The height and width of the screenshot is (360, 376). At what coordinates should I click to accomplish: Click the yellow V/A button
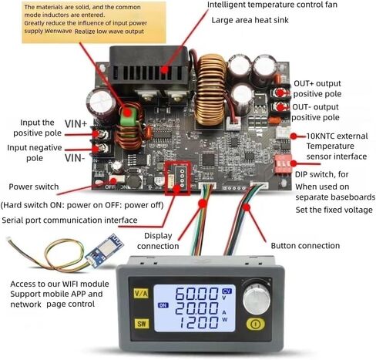pos(141,293)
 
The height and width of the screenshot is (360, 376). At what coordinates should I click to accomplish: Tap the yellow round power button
pos(255,324)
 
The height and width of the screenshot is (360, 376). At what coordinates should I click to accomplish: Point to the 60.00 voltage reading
pos(196,294)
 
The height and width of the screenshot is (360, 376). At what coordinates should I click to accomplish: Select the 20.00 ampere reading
pos(196,308)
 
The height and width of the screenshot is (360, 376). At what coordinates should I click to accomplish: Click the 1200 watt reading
pos(198,323)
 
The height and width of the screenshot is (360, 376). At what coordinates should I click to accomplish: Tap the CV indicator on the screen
pos(227,291)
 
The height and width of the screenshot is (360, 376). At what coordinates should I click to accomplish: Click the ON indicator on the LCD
pos(163,305)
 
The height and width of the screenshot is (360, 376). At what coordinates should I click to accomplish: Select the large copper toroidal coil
pos(210,90)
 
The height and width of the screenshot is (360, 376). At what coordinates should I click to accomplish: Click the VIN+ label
pos(76,124)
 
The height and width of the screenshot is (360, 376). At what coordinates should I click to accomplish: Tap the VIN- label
pos(75,158)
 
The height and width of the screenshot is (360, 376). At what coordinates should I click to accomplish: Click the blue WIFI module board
pos(104,248)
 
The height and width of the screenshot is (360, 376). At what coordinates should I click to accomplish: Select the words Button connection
pos(305,246)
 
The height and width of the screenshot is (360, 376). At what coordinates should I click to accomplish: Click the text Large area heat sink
pos(250,20)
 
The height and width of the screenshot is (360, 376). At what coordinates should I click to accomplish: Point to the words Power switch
pos(34,187)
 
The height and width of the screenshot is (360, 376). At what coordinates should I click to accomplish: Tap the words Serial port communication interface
pos(69,220)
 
